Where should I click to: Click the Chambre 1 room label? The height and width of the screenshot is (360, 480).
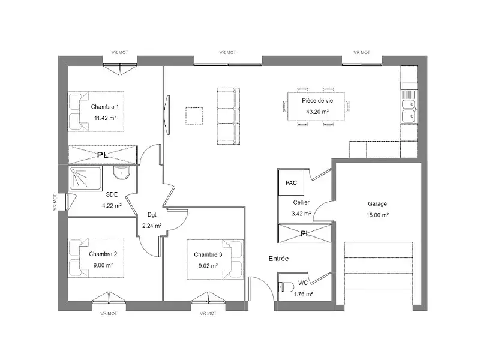[104, 106]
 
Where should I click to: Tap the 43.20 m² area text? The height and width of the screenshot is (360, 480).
[317, 112]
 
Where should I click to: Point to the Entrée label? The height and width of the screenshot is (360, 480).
[278, 259]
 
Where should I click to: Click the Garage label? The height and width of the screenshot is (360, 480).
[377, 203]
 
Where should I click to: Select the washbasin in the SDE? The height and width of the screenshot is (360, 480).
[122, 174]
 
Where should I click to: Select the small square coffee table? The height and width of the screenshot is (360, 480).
[194, 115]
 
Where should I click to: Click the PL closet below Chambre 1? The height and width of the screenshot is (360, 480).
[103, 155]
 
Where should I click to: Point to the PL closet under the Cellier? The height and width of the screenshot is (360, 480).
[305, 233]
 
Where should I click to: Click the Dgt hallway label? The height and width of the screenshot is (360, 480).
[152, 215]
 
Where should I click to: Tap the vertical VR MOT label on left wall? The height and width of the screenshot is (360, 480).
[55, 203]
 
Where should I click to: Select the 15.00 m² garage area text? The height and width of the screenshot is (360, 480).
[378, 215]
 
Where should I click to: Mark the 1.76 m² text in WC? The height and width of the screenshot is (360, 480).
[303, 293]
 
